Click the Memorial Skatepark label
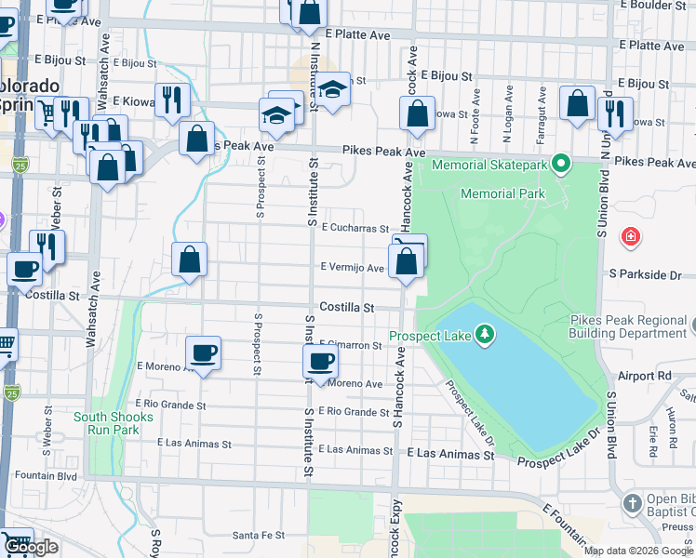click(492, 166)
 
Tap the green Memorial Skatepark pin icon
click(559, 166)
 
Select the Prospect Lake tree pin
click(483, 335)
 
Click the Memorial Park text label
click(502, 193)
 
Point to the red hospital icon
click(631, 237)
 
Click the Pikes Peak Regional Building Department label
click(628, 326)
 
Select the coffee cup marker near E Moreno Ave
click(203, 353)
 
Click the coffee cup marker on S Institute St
click(321, 362)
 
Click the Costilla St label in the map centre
click(346, 307)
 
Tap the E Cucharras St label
click(354, 227)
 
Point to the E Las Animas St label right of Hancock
click(450, 455)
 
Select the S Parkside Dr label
click(645, 274)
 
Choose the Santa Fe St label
click(258, 535)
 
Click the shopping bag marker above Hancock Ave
click(418, 114)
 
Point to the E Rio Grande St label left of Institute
click(170, 405)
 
